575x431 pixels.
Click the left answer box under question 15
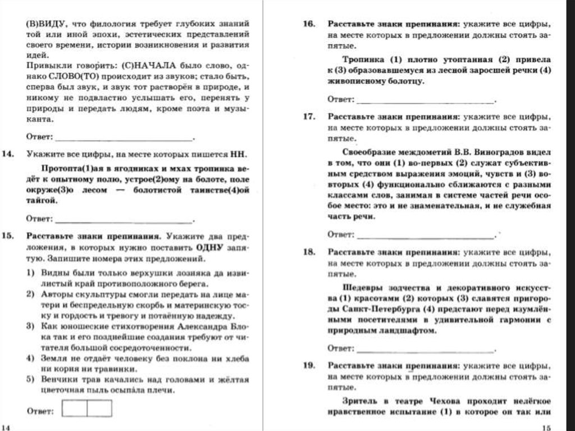click(x=74, y=409)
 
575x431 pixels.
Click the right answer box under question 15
click(x=99, y=409)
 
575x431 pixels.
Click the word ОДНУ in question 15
click(x=209, y=248)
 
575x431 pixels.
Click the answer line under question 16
click(x=425, y=101)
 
